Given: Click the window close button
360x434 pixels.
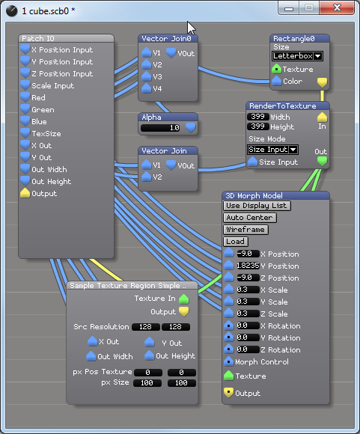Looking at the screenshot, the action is (337, 7).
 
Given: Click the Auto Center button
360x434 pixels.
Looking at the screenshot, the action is (250, 218).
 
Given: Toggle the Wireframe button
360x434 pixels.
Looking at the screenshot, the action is (245, 230).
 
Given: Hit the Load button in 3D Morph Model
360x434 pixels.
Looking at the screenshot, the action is (235, 242).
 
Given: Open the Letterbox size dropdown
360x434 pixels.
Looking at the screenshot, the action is (297, 56).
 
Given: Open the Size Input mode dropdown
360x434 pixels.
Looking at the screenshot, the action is (272, 150).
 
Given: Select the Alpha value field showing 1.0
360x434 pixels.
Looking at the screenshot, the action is (160, 128).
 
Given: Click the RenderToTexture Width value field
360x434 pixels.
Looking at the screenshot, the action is (257, 117).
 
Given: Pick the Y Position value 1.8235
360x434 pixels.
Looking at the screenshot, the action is (248, 266).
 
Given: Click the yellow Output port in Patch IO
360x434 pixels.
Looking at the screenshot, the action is (25, 193).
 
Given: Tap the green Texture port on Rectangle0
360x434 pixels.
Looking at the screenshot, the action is (276, 69).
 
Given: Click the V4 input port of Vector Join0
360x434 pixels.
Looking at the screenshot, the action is (146, 88).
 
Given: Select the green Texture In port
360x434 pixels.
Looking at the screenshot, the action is (184, 299).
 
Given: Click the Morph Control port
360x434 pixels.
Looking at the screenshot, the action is (228, 361).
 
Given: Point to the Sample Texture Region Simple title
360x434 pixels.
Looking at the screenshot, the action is (128, 286).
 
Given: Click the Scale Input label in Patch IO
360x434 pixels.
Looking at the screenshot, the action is (53, 86).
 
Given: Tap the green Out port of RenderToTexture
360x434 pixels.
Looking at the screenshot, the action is (322, 162).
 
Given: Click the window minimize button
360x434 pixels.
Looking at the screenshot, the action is (289, 7).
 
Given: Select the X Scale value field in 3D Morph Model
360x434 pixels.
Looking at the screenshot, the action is (248, 290).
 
